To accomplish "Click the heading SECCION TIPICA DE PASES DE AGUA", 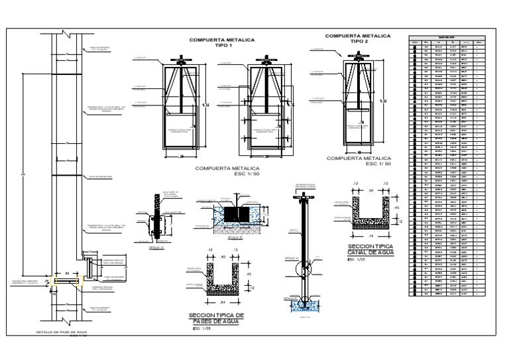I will coord(217,317).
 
